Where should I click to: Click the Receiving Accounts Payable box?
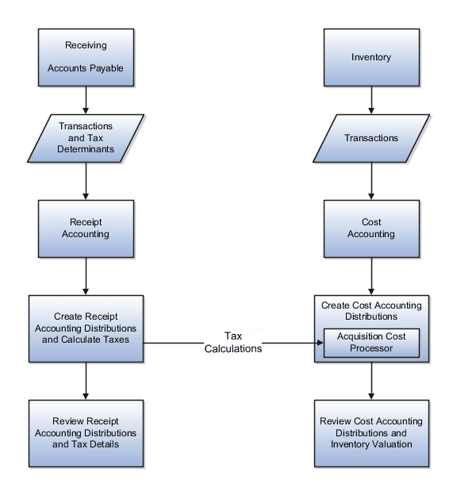tap(86, 57)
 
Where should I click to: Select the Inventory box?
tap(371, 57)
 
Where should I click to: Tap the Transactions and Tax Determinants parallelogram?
tap(86, 138)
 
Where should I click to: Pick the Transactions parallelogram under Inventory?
tap(371, 138)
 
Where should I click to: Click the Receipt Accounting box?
tap(86, 228)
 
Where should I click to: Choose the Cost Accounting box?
tap(371, 228)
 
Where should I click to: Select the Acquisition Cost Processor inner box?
tap(371, 343)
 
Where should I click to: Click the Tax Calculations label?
tap(232, 342)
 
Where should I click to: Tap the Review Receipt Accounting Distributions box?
tap(86, 432)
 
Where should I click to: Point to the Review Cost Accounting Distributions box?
tap(371, 432)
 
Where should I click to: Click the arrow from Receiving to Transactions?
tap(86, 100)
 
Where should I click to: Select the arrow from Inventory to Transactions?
tap(371, 100)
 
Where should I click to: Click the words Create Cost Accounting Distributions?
tap(371, 311)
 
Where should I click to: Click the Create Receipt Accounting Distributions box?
tap(86, 328)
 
